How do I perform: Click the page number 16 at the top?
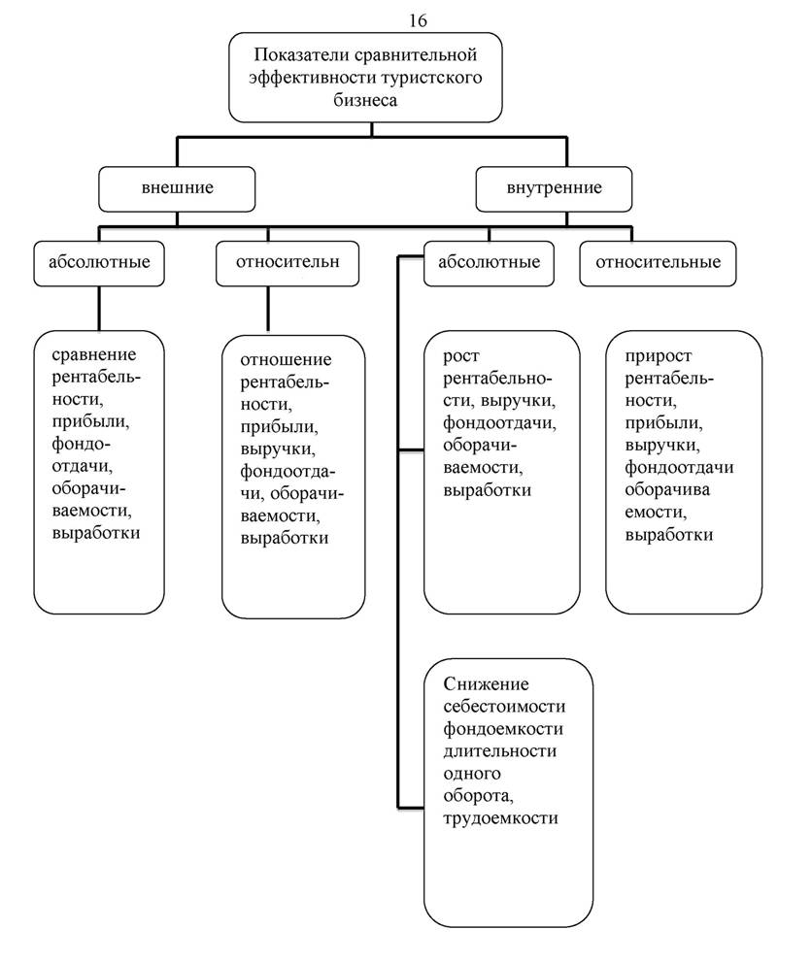point(418,21)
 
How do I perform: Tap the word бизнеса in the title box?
point(365,100)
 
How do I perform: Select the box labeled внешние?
point(177,189)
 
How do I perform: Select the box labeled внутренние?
point(554,189)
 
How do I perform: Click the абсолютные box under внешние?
point(99,263)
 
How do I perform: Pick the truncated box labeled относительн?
point(288,263)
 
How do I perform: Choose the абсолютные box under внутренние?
point(489,263)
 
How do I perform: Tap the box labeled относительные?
point(658,263)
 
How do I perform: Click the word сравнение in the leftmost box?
point(93,355)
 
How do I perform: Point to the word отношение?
point(286,360)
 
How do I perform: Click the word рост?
point(461,357)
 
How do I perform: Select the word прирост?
point(658,356)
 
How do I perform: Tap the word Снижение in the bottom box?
point(486,684)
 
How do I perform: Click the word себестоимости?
point(504,707)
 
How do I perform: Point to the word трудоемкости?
point(500,818)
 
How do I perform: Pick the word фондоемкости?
point(503,730)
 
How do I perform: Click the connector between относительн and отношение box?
point(267,309)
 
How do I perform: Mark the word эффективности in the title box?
point(312,78)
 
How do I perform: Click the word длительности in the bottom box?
point(500,751)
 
